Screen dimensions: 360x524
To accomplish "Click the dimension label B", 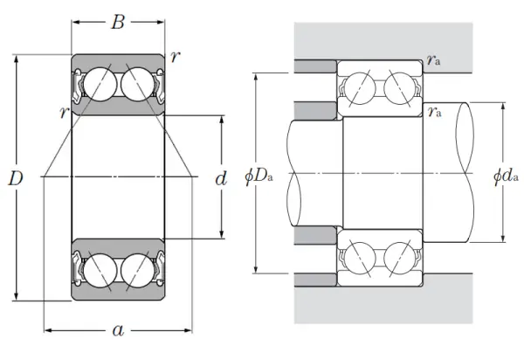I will [x=118, y=23].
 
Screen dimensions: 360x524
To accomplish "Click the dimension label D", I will [x=16, y=179].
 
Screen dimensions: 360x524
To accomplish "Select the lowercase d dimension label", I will [x=221, y=179].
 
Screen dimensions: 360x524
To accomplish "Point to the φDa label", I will [x=260, y=177].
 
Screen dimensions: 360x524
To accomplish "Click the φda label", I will [x=507, y=177].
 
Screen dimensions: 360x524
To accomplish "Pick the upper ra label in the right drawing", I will [x=434, y=60].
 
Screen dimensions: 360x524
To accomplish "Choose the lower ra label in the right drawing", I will [x=434, y=111].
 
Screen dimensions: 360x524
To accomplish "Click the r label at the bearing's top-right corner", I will [x=176, y=58].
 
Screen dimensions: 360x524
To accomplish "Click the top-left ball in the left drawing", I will [x=99, y=85].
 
